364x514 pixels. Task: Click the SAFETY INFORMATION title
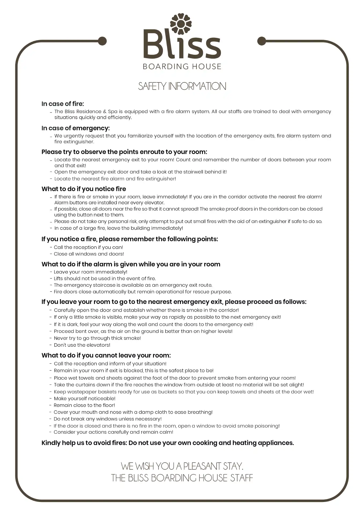[x=182, y=86]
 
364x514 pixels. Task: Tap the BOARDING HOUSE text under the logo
[x=182, y=66]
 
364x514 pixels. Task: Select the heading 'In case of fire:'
[x=63, y=104]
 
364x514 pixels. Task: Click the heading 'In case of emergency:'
[x=76, y=128]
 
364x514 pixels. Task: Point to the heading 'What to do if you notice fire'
[x=84, y=189]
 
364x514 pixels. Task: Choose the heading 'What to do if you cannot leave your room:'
[x=106, y=356]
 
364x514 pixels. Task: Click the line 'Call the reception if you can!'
[x=88, y=247]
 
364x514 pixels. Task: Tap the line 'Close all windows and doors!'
[x=89, y=254]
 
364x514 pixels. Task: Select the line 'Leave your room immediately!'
[x=91, y=272]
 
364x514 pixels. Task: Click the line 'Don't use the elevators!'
[x=82, y=345]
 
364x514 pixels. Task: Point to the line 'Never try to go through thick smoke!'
[x=97, y=338]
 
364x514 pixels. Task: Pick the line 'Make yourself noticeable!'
[x=85, y=398]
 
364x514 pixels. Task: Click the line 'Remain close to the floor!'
[x=84, y=405]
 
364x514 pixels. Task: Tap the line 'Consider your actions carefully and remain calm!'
[x=113, y=432]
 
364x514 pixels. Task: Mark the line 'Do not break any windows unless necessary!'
[x=108, y=419]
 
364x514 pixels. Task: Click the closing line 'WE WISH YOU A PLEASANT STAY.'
[x=182, y=466]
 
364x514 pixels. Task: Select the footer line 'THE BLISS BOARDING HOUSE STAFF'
[x=182, y=478]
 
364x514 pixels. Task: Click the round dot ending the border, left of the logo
[x=102, y=41]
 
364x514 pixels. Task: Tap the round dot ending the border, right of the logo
[x=261, y=41]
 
